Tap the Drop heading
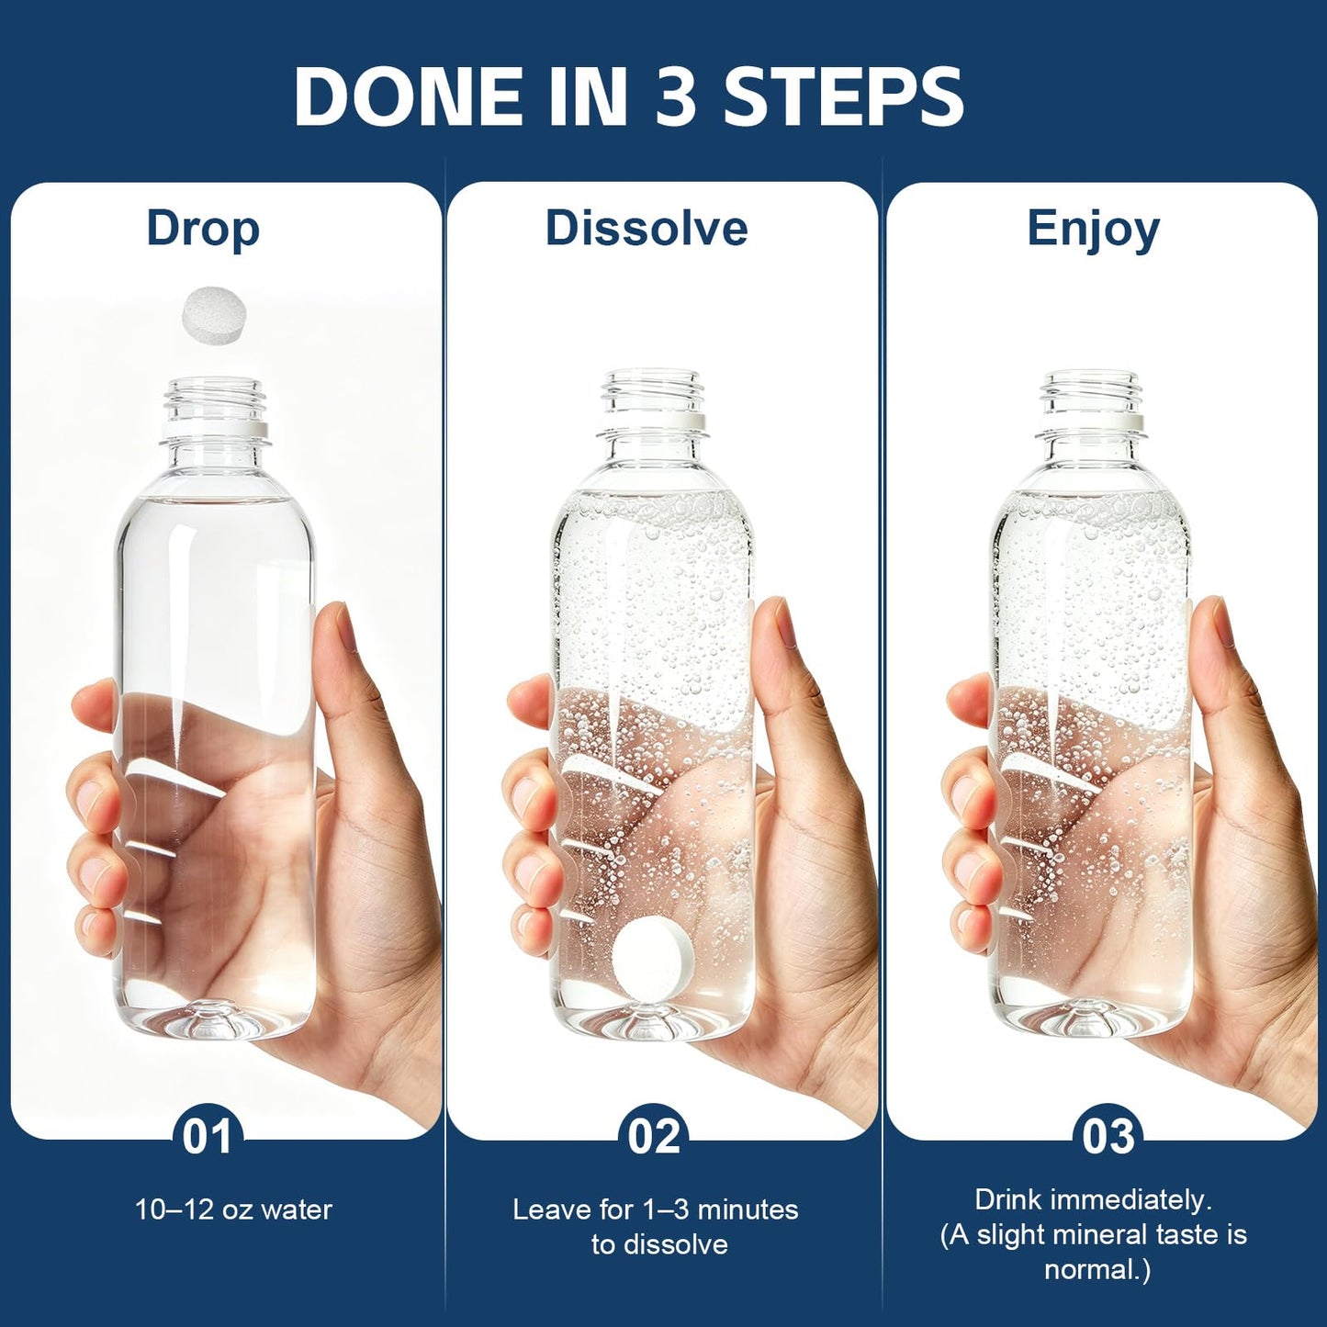click(203, 231)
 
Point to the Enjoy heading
click(1094, 231)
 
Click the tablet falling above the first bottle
click(213, 315)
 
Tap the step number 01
click(208, 1137)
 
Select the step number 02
click(654, 1137)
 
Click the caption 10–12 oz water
click(233, 1210)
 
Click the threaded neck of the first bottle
click(214, 399)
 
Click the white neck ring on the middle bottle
click(653, 422)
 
